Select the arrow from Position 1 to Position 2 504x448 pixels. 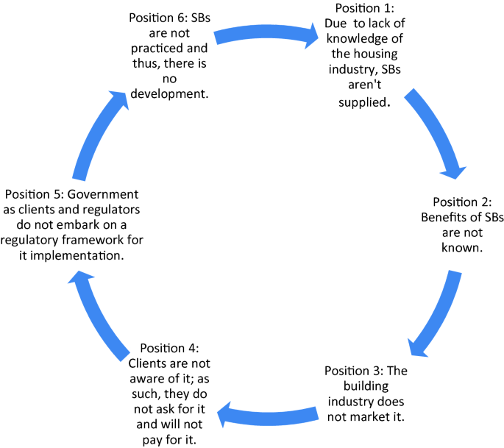[x=434, y=132]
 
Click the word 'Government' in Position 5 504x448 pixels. [x=102, y=194]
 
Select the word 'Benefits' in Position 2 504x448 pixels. [x=445, y=217]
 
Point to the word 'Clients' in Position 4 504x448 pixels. [x=148, y=363]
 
